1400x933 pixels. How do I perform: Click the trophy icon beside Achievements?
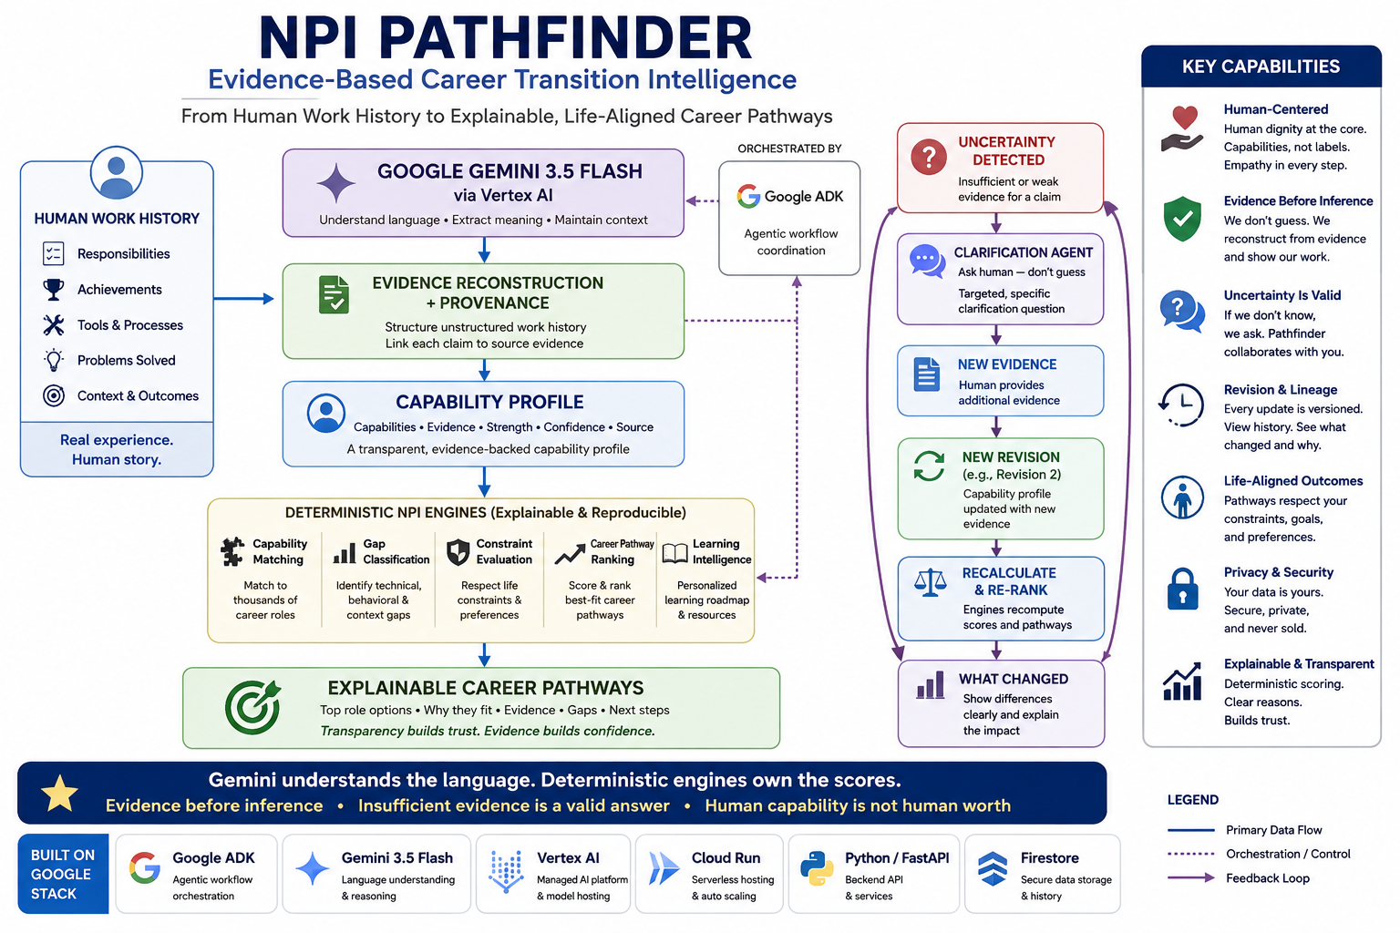[x=53, y=290]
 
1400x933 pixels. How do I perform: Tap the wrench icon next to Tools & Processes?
[x=53, y=325]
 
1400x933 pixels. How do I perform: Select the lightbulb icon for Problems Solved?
[x=53, y=360]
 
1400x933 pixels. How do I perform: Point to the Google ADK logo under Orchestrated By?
[x=748, y=196]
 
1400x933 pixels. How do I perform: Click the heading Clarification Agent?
[x=1024, y=252]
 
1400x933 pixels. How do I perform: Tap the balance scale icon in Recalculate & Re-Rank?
[x=930, y=582]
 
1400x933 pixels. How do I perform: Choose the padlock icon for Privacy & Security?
[x=1182, y=589]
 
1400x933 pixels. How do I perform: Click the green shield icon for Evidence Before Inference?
[x=1182, y=219]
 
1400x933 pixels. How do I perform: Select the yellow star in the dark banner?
[x=59, y=793]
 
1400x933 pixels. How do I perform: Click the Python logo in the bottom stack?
[x=817, y=868]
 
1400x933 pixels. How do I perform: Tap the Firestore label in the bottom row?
[x=1049, y=858]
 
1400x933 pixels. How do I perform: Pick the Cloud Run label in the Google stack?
[x=726, y=858]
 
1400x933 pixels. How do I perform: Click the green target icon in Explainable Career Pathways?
[x=252, y=707]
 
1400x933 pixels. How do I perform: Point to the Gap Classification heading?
[x=396, y=551]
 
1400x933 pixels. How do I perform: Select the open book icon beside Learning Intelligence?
[x=674, y=553]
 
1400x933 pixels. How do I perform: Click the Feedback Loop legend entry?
[x=1268, y=878]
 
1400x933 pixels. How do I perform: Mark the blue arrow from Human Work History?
[x=243, y=299]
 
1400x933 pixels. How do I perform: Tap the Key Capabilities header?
[x=1261, y=67]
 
